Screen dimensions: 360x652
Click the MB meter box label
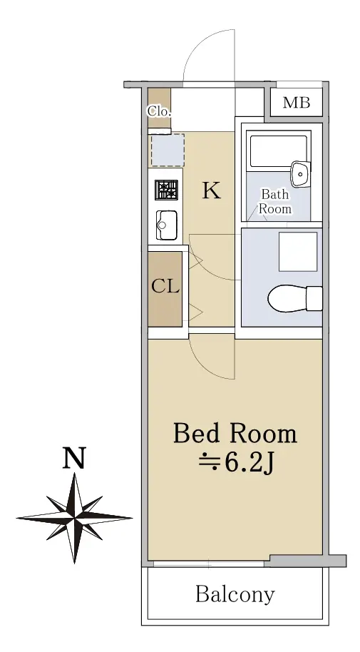297,102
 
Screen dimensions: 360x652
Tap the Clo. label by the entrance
159,111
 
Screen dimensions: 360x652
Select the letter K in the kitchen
212,191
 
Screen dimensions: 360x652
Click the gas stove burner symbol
166,190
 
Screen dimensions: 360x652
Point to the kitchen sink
166,225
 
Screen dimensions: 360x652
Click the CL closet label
165,287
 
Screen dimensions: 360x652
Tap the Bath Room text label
274,201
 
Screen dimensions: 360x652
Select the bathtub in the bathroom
279,150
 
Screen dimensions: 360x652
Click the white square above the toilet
298,252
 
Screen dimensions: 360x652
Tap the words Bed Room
235,433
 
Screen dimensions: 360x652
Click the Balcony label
235,595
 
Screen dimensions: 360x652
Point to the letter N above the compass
74,458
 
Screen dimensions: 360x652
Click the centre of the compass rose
74,518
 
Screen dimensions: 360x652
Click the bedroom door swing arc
204,367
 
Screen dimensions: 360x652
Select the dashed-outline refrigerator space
168,150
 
